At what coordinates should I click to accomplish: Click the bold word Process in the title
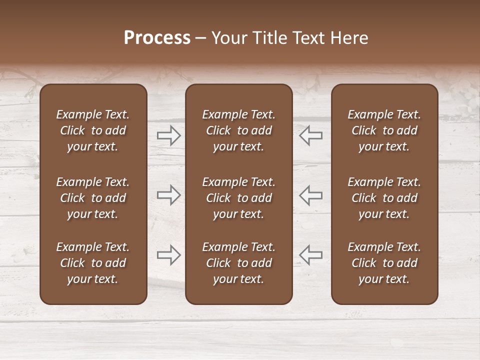point(157,38)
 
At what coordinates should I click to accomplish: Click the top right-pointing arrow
point(169,135)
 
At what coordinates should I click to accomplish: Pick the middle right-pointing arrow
point(169,194)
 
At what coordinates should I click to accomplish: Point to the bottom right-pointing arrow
point(169,255)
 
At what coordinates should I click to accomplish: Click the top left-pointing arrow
point(310,135)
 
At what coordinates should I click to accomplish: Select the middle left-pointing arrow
point(310,194)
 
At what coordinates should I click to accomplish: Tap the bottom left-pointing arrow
point(310,255)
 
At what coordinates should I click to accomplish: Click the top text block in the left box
point(93,130)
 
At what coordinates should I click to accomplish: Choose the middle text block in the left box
point(93,198)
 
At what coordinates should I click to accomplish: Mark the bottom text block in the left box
point(93,263)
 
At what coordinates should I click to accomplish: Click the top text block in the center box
point(238,130)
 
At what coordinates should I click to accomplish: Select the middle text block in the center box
point(238,198)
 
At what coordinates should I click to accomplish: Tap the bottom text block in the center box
point(238,263)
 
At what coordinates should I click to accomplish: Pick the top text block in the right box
point(384,130)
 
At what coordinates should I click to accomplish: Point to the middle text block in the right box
point(384,198)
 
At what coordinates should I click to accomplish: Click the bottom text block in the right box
point(384,263)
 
